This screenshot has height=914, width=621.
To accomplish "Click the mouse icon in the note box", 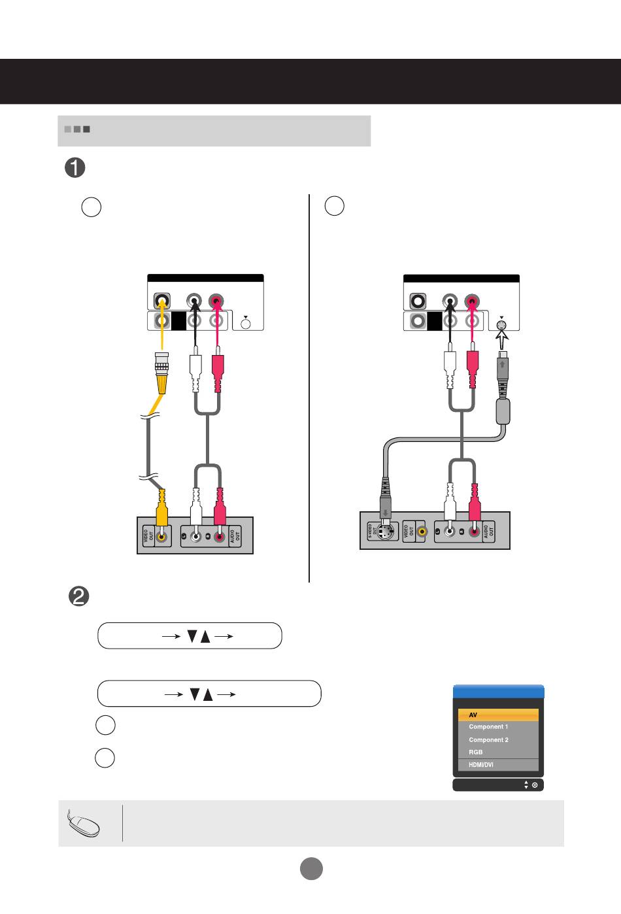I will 84,823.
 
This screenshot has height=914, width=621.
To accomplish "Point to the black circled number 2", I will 78,597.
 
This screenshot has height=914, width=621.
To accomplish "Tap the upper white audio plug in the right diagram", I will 449,369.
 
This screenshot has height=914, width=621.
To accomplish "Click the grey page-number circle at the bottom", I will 311,868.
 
